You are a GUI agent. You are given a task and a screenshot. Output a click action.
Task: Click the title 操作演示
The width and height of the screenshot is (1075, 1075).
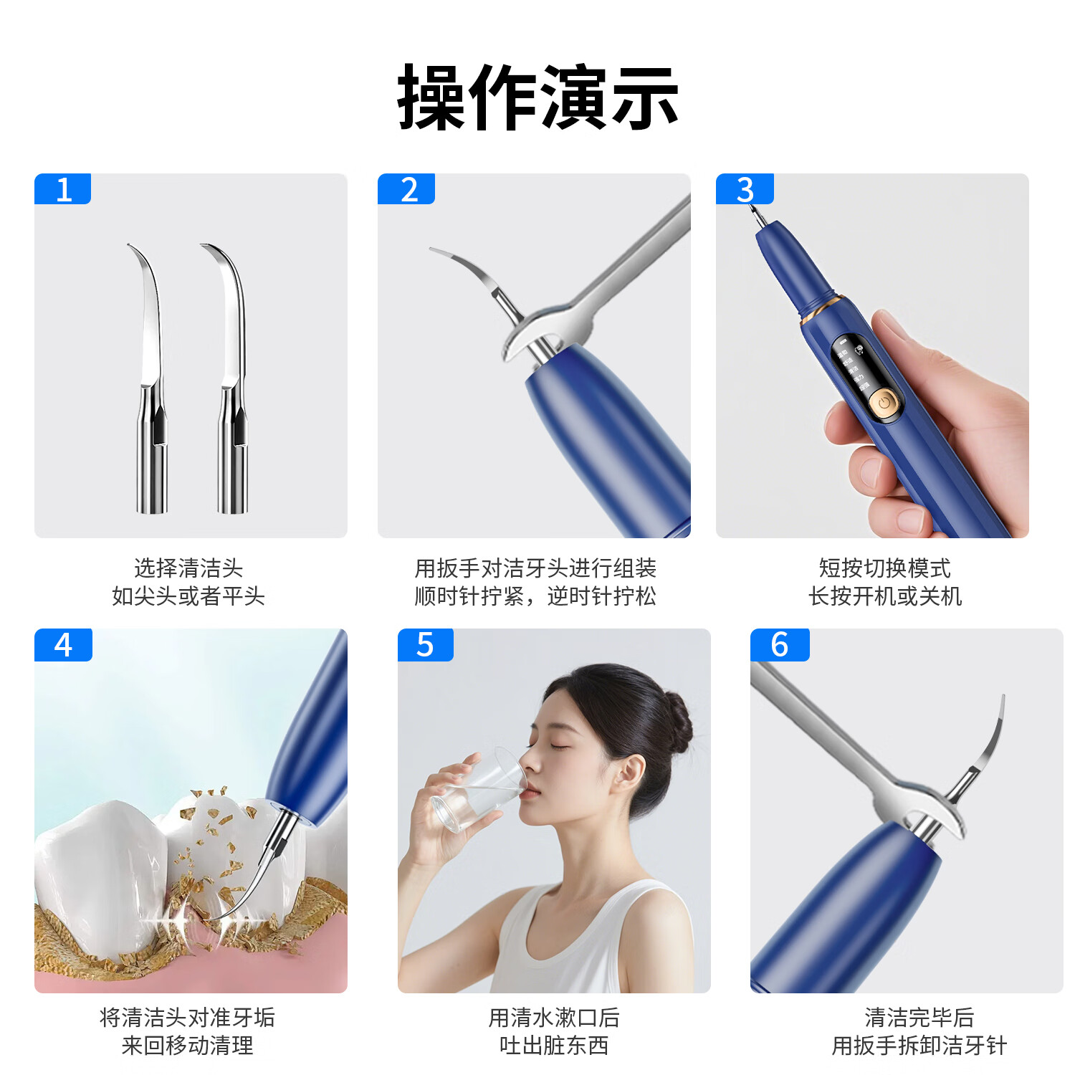coord(537,97)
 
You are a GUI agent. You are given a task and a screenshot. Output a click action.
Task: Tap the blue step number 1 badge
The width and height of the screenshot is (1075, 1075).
coord(63,189)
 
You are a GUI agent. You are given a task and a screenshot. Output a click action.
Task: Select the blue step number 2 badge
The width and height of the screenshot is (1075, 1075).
coord(406,189)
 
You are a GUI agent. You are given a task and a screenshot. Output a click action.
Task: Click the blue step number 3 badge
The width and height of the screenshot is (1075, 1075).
coord(745,189)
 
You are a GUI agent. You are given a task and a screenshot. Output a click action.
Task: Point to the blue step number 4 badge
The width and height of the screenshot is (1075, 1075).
coord(63,644)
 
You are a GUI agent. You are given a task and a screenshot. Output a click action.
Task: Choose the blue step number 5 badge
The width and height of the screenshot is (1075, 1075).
coord(426,644)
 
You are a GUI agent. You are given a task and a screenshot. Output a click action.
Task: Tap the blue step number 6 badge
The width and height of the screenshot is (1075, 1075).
coord(780,644)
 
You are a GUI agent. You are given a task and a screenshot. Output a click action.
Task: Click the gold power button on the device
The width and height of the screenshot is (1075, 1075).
coord(884,403)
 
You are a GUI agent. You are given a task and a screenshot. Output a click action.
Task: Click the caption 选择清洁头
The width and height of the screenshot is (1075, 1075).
coord(188,568)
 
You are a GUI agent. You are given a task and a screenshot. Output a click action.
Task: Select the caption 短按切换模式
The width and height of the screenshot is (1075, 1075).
coord(885,568)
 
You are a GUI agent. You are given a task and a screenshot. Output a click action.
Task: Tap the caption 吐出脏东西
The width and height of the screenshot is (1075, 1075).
coord(554,1046)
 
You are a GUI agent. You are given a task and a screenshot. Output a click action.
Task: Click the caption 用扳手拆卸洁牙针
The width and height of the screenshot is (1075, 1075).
coord(919,1046)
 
